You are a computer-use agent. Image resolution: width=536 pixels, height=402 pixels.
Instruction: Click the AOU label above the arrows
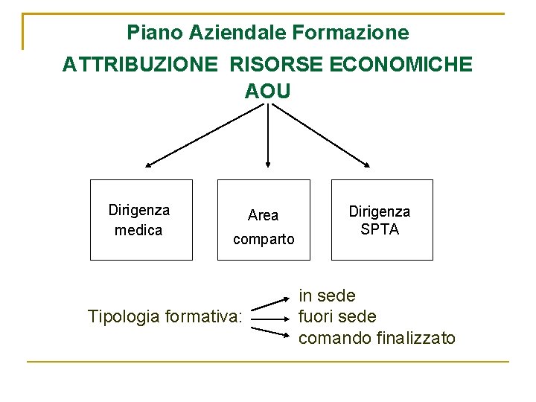(267, 91)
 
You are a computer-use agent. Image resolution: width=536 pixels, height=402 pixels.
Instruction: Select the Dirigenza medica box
(141, 220)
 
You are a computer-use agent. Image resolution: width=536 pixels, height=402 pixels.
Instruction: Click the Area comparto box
(264, 220)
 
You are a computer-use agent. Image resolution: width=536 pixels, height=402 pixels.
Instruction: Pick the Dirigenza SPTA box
(381, 220)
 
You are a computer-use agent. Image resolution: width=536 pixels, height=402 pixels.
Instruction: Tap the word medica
(138, 230)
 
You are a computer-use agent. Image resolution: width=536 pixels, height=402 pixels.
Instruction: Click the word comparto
(264, 239)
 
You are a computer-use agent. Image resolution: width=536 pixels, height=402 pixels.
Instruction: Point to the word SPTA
(380, 229)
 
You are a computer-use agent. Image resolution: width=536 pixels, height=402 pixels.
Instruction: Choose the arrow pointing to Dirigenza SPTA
(320, 135)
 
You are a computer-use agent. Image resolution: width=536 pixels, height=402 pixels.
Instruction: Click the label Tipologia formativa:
(165, 316)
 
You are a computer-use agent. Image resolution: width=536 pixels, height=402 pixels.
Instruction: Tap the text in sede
(327, 296)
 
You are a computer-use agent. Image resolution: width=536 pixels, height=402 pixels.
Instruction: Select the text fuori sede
(336, 316)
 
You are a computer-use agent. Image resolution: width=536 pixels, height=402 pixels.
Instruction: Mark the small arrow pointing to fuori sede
(271, 316)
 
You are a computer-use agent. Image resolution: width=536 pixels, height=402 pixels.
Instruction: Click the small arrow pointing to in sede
(271, 303)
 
